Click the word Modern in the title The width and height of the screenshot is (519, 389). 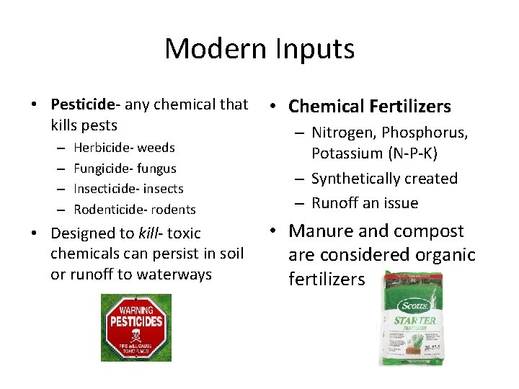click(x=215, y=49)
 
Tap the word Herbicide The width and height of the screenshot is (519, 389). click(x=102, y=148)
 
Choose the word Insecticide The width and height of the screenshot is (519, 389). click(x=107, y=189)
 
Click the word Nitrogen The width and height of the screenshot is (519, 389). click(x=343, y=133)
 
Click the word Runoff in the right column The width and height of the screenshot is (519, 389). click(x=336, y=203)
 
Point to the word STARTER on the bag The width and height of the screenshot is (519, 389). click(x=414, y=320)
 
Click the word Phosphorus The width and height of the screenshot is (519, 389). click(x=425, y=133)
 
